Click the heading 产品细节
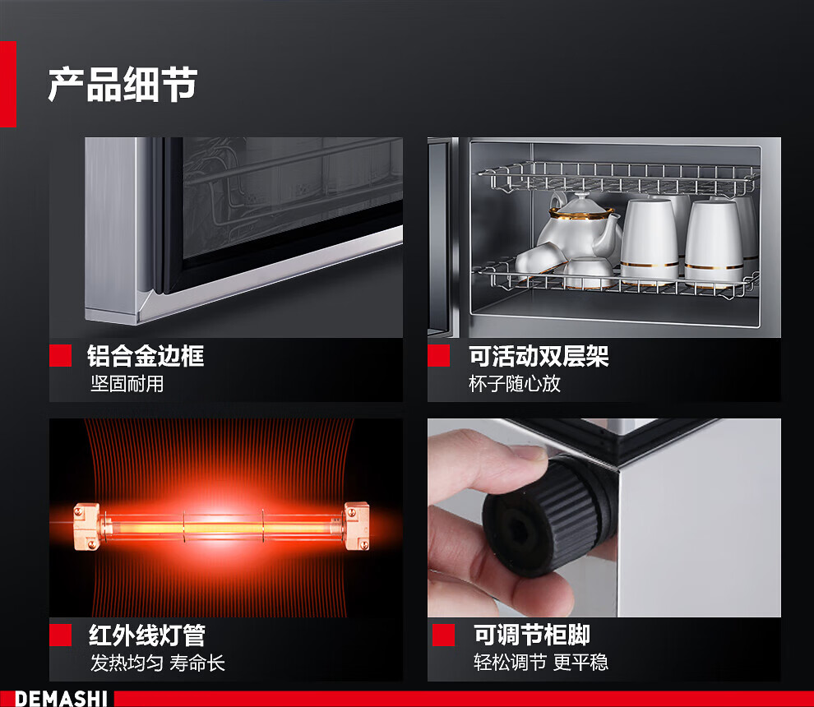123,84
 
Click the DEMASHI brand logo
61,699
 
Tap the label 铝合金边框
146,356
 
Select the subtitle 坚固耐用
127,384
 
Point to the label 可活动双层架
539,356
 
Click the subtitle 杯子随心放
515,384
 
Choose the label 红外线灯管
147,635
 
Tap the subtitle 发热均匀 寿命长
158,663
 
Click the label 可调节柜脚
532,635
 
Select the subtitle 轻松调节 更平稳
540,663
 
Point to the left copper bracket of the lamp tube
86,526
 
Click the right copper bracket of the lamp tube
357,525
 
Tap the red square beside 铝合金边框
60,356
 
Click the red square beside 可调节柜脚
443,635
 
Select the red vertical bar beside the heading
7,84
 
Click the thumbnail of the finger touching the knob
604,518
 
